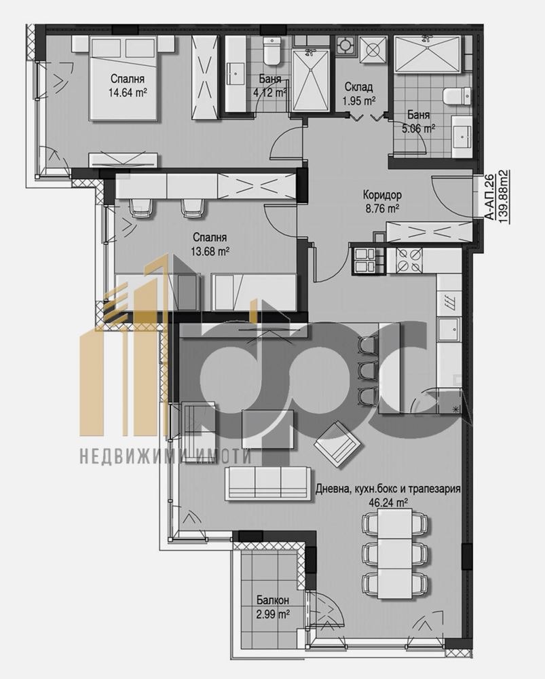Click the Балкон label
tap(274, 600)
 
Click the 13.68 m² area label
tap(210, 251)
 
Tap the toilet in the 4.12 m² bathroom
tap(273, 50)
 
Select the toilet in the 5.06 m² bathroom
tap(454, 96)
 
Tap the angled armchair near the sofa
tap(337, 443)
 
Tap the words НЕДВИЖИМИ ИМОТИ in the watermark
tap(166, 457)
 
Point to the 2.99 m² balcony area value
tap(274, 614)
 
